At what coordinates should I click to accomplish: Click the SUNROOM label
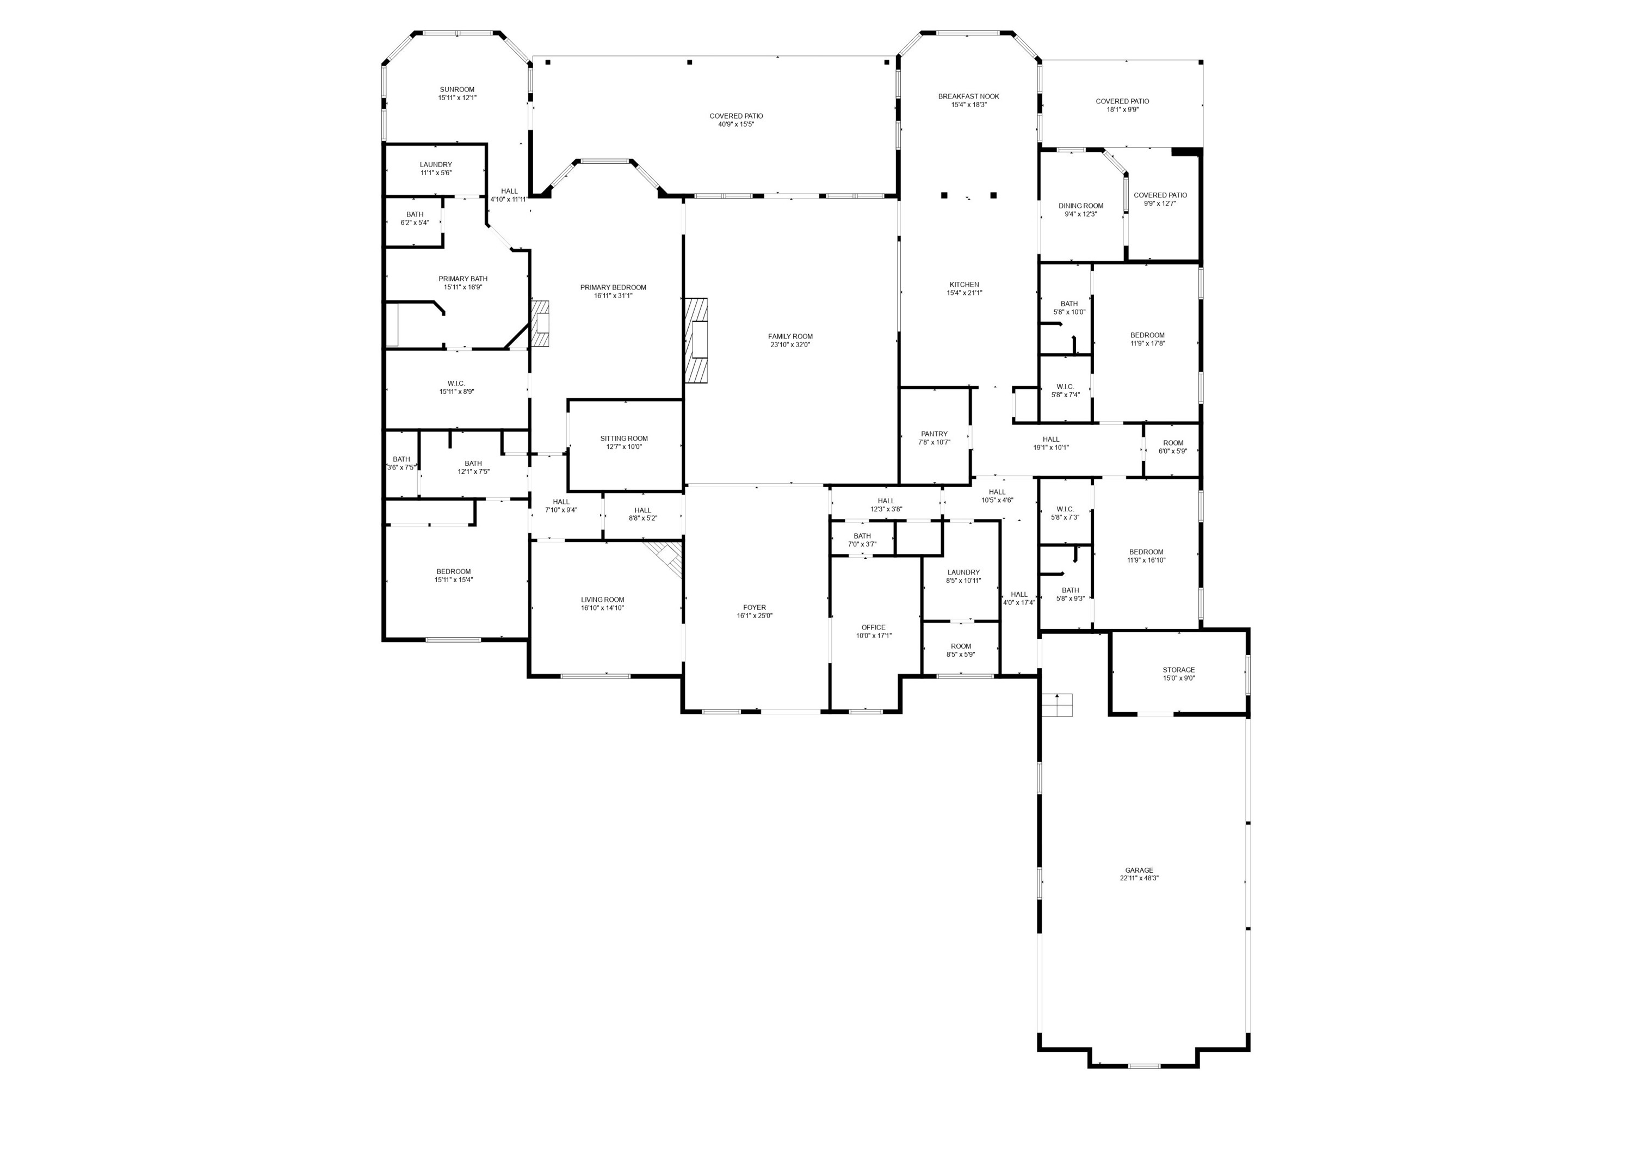click(456, 90)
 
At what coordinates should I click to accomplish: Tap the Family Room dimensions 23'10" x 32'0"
click(790, 345)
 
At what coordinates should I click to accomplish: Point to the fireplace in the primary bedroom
click(541, 324)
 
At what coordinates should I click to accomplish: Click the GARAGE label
click(1139, 870)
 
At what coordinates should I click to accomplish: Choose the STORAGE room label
click(1178, 670)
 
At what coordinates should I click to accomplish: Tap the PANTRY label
click(934, 434)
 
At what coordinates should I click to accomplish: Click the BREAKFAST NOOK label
click(968, 96)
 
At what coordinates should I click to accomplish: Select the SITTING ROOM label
click(623, 439)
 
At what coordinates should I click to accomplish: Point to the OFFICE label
click(873, 628)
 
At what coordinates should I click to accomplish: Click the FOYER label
click(754, 608)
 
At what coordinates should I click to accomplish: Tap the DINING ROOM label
click(1080, 206)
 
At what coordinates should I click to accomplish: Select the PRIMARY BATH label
click(463, 279)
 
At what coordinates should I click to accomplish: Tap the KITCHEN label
click(963, 284)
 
